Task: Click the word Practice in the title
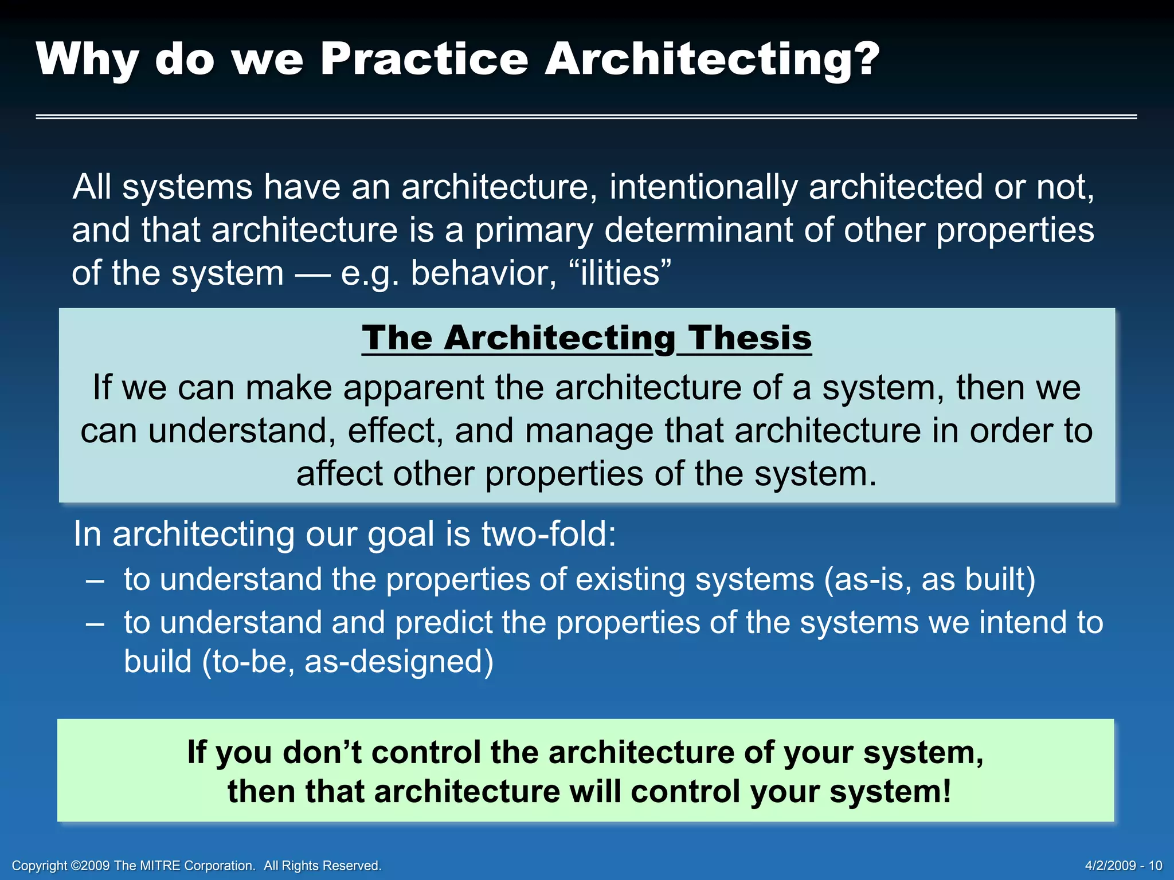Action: pyautogui.click(x=424, y=59)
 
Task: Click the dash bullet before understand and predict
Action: pyautogui.click(x=95, y=623)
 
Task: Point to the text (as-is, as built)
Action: pyautogui.click(x=929, y=579)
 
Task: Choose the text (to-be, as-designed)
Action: pyautogui.click(x=347, y=662)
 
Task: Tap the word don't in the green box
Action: pyautogui.click(x=322, y=752)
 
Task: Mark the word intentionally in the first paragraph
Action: pyautogui.click(x=703, y=187)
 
